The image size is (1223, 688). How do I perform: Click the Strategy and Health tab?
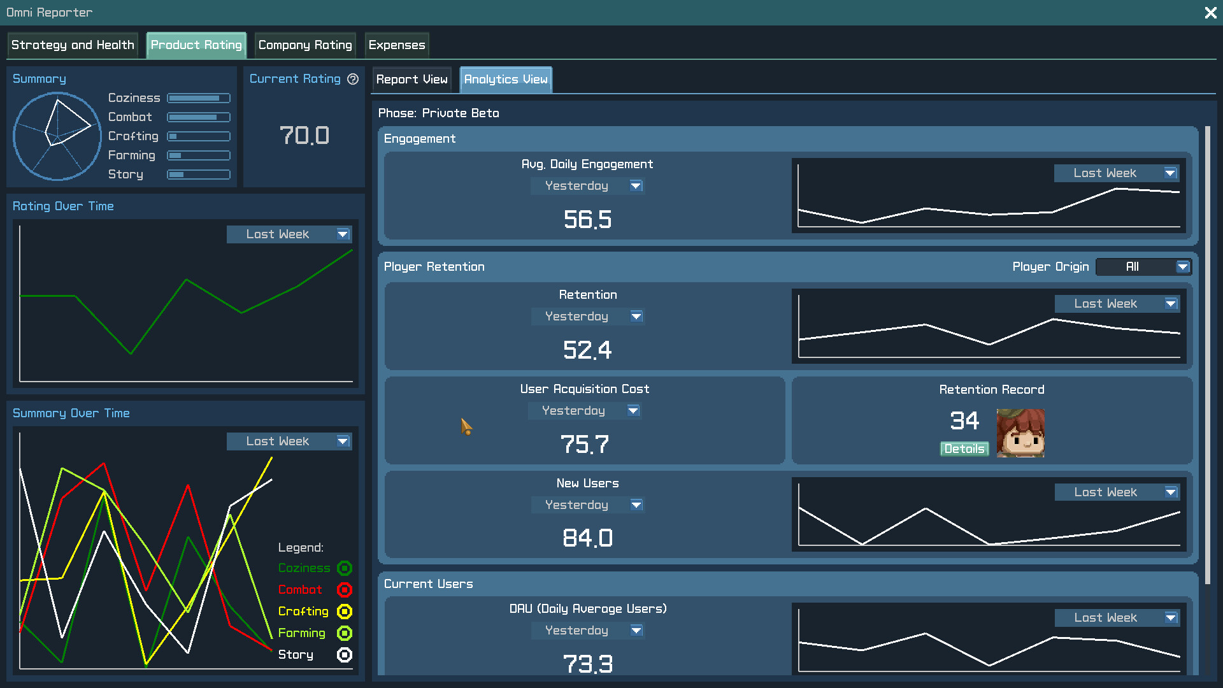click(x=73, y=45)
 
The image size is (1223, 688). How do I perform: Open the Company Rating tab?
click(x=305, y=45)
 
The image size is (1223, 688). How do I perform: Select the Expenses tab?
click(x=396, y=45)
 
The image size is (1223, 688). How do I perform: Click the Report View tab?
click(x=411, y=80)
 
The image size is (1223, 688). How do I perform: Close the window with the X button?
click(x=1210, y=13)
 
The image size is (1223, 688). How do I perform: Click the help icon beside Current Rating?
click(x=353, y=79)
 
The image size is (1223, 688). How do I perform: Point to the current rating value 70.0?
click(x=304, y=136)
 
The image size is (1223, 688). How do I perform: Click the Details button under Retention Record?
click(x=964, y=449)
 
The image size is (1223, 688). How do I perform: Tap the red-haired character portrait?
click(x=1020, y=433)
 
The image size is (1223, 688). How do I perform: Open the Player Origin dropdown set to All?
click(x=1143, y=267)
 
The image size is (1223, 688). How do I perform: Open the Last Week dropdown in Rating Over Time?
click(x=289, y=234)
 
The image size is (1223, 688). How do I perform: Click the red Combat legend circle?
click(x=345, y=590)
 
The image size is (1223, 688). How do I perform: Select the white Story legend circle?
click(x=345, y=655)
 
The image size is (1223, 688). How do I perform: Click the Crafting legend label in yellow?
click(x=303, y=612)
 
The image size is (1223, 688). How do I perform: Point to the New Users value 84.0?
click(x=587, y=538)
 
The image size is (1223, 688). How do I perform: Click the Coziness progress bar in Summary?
click(x=199, y=98)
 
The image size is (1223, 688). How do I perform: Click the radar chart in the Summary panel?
click(x=57, y=136)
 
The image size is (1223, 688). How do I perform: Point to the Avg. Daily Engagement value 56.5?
click(x=587, y=220)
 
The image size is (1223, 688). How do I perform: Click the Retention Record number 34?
click(x=964, y=421)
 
